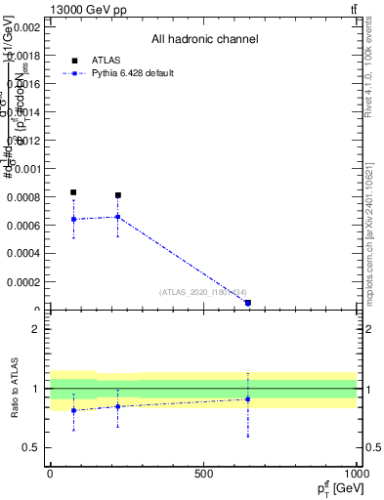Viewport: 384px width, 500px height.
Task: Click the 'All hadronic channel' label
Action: [204, 40]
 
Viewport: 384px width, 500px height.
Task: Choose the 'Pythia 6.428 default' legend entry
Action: [132, 73]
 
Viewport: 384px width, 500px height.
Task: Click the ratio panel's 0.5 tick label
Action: [32, 448]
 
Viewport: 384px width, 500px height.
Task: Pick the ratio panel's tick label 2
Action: [36, 330]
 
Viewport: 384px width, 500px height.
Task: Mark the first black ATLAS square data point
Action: [73, 192]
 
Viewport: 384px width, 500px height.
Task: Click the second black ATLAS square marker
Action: [118, 195]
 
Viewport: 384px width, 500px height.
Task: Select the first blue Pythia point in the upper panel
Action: [73, 219]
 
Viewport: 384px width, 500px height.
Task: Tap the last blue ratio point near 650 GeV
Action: [248, 398]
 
